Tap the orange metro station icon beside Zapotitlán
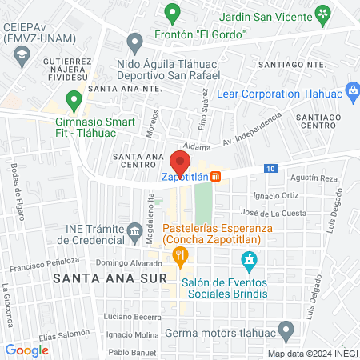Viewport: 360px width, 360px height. [227, 177]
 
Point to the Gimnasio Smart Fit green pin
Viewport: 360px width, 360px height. [74, 101]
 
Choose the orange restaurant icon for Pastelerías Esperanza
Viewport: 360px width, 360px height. [180, 257]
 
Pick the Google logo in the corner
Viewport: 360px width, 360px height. [26, 350]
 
